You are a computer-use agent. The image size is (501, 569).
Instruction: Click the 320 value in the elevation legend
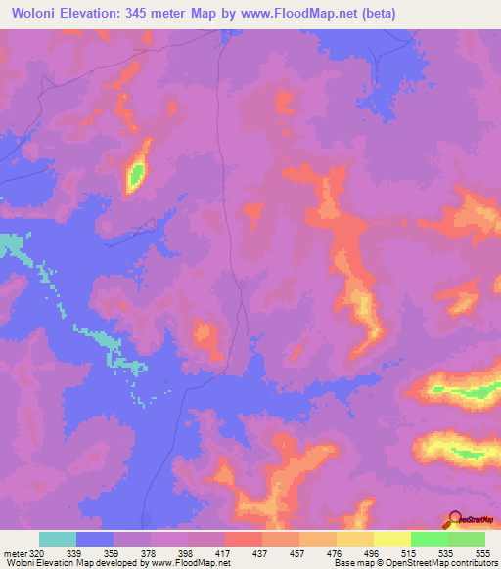(x=36, y=553)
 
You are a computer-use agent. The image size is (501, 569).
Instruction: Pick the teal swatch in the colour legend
(x=58, y=539)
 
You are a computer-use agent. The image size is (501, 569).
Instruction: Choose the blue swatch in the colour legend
(x=95, y=539)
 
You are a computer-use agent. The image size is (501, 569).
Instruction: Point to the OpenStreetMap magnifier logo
(x=454, y=520)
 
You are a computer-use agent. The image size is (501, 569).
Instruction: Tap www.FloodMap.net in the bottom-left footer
(x=189, y=564)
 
